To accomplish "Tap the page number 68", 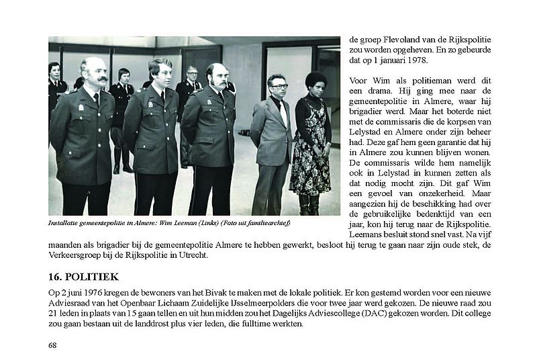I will coord(52,345).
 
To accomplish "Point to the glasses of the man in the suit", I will coord(279,86).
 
